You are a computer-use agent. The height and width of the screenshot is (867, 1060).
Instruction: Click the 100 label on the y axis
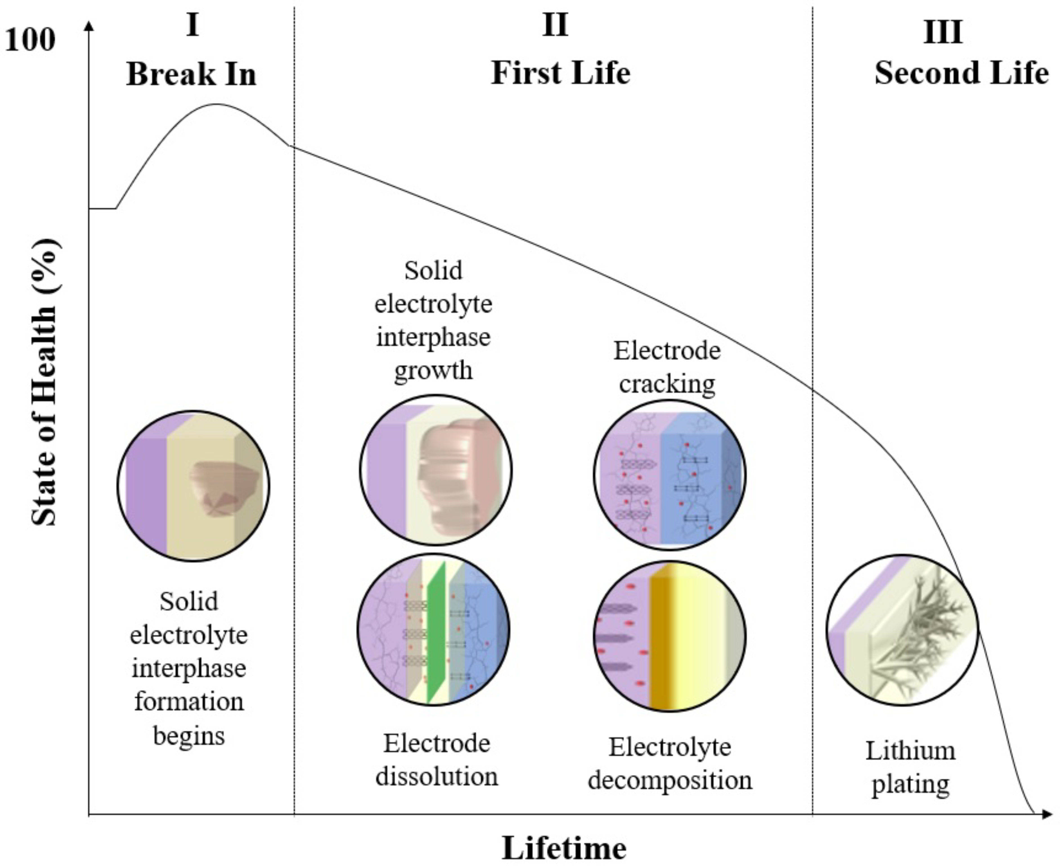(x=30, y=40)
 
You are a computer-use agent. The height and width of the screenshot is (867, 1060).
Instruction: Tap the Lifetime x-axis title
(x=564, y=848)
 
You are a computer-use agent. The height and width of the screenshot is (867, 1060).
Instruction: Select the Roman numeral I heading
(x=192, y=25)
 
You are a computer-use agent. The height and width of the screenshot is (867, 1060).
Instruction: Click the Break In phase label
(x=191, y=75)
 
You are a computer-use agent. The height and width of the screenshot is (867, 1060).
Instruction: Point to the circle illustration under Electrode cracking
(x=670, y=475)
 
